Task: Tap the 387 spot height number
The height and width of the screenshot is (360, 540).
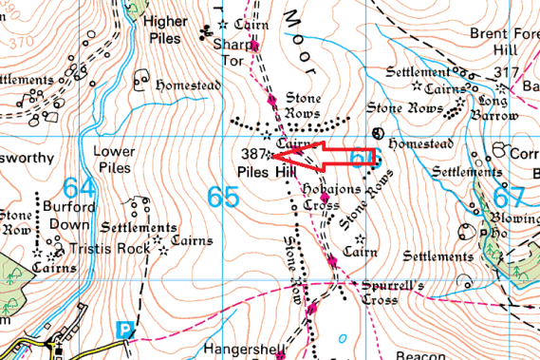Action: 252,153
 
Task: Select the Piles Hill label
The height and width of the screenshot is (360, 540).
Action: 262,172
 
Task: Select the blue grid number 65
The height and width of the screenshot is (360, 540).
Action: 223,198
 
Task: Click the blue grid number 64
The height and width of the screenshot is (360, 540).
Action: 79,188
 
